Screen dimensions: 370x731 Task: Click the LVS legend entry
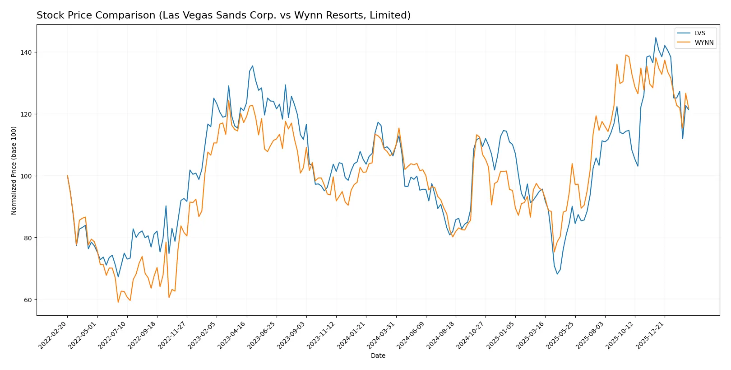[x=699, y=33]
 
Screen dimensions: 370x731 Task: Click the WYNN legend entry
[x=703, y=42]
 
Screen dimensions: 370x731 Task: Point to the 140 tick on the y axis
[x=26, y=52]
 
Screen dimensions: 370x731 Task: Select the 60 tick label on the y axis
[x=28, y=300]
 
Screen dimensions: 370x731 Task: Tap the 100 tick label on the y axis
[x=26, y=176]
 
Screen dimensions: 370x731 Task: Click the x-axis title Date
[x=378, y=356]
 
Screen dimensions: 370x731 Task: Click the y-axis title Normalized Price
[x=14, y=170]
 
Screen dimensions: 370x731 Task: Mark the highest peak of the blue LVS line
[x=656, y=37]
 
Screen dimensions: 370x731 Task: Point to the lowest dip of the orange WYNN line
[x=118, y=302]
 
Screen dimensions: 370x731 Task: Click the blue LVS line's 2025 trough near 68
[x=557, y=274]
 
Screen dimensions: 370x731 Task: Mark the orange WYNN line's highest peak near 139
[x=626, y=55]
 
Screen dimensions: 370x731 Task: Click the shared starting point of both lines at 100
[x=67, y=175]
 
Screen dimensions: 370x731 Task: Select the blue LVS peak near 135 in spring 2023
[x=252, y=66]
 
